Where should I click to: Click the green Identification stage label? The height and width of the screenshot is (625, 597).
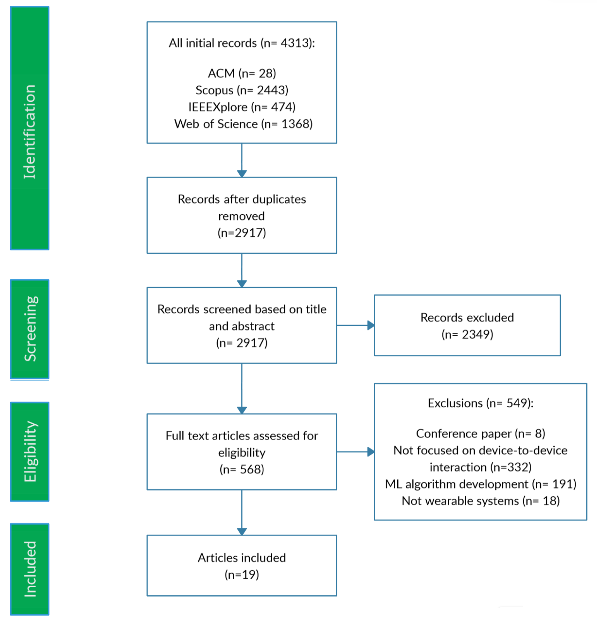(30, 128)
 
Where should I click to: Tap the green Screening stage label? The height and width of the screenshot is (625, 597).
(30, 329)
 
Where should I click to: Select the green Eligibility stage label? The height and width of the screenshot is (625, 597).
(30, 452)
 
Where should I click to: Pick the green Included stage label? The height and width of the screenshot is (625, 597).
(30, 569)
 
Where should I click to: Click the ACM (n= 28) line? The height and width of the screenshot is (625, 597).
(242, 73)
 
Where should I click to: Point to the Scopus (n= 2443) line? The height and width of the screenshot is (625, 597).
(242, 90)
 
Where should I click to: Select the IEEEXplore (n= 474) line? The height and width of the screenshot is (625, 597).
(242, 107)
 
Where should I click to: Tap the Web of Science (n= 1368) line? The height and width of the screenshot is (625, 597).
(243, 124)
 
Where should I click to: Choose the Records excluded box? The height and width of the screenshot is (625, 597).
(467, 325)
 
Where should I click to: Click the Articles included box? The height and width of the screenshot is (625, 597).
(242, 566)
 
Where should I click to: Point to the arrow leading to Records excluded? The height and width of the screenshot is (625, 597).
(356, 325)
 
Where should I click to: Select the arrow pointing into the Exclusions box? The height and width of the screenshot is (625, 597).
(356, 452)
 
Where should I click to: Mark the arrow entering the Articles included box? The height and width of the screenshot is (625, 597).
(242, 512)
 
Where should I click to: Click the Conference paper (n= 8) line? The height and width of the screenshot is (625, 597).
(481, 434)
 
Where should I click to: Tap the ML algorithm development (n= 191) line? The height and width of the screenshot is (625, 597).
(481, 484)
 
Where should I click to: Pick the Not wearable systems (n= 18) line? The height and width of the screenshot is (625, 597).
(481, 501)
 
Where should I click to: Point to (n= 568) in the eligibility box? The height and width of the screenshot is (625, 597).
(242, 470)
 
